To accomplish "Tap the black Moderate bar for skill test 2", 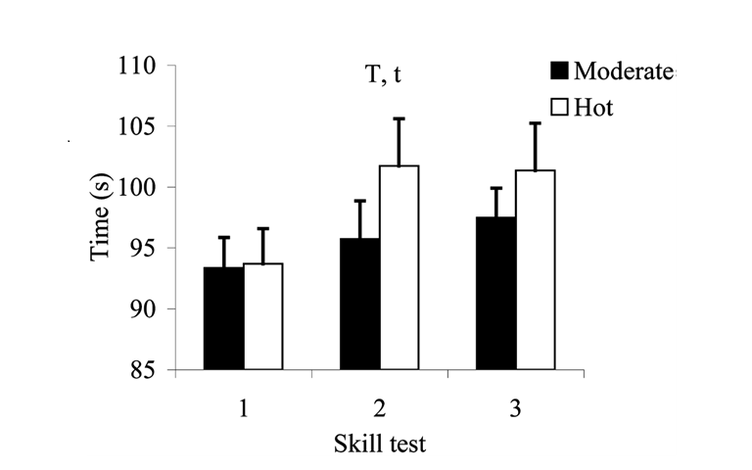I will click(x=359, y=305).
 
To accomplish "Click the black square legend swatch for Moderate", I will click(x=559, y=71).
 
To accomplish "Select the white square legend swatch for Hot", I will click(x=559, y=108).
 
